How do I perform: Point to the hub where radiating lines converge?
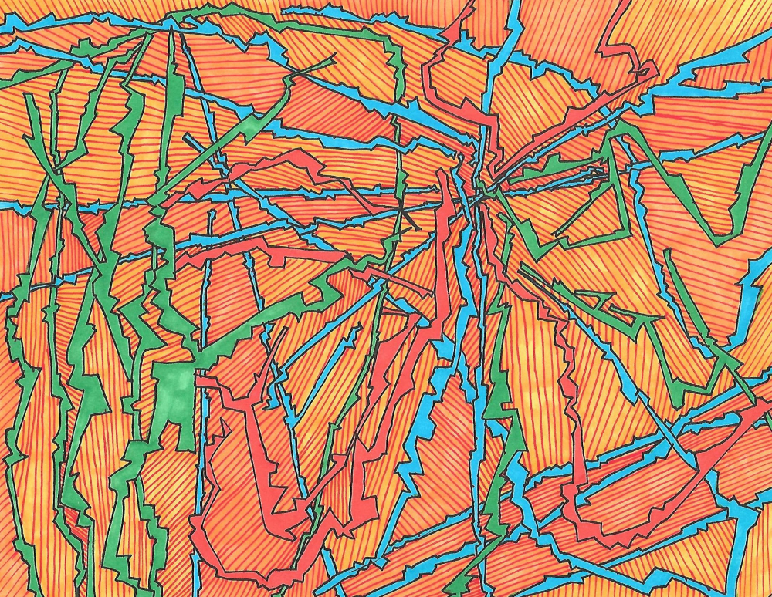[480, 199]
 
